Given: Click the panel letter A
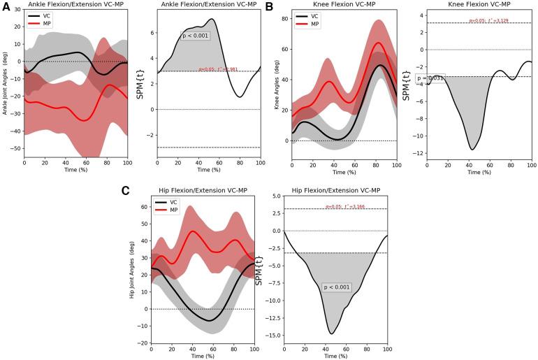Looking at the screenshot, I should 6,6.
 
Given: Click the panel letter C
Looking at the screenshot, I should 125,191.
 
